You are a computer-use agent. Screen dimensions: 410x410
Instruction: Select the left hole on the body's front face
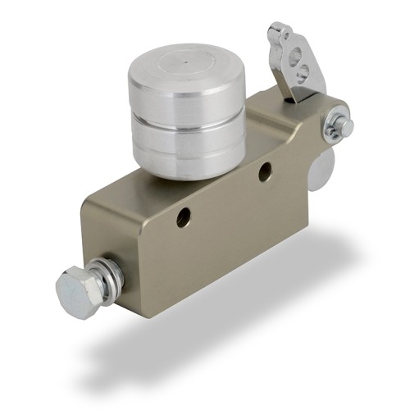click(x=183, y=217)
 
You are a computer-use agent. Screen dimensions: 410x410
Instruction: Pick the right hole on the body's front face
click(x=265, y=171)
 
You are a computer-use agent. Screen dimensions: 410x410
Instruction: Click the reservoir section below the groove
click(x=187, y=152)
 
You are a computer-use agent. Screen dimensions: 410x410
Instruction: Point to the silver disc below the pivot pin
click(x=321, y=169)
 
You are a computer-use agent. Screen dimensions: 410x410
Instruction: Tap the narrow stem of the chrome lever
click(x=287, y=85)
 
